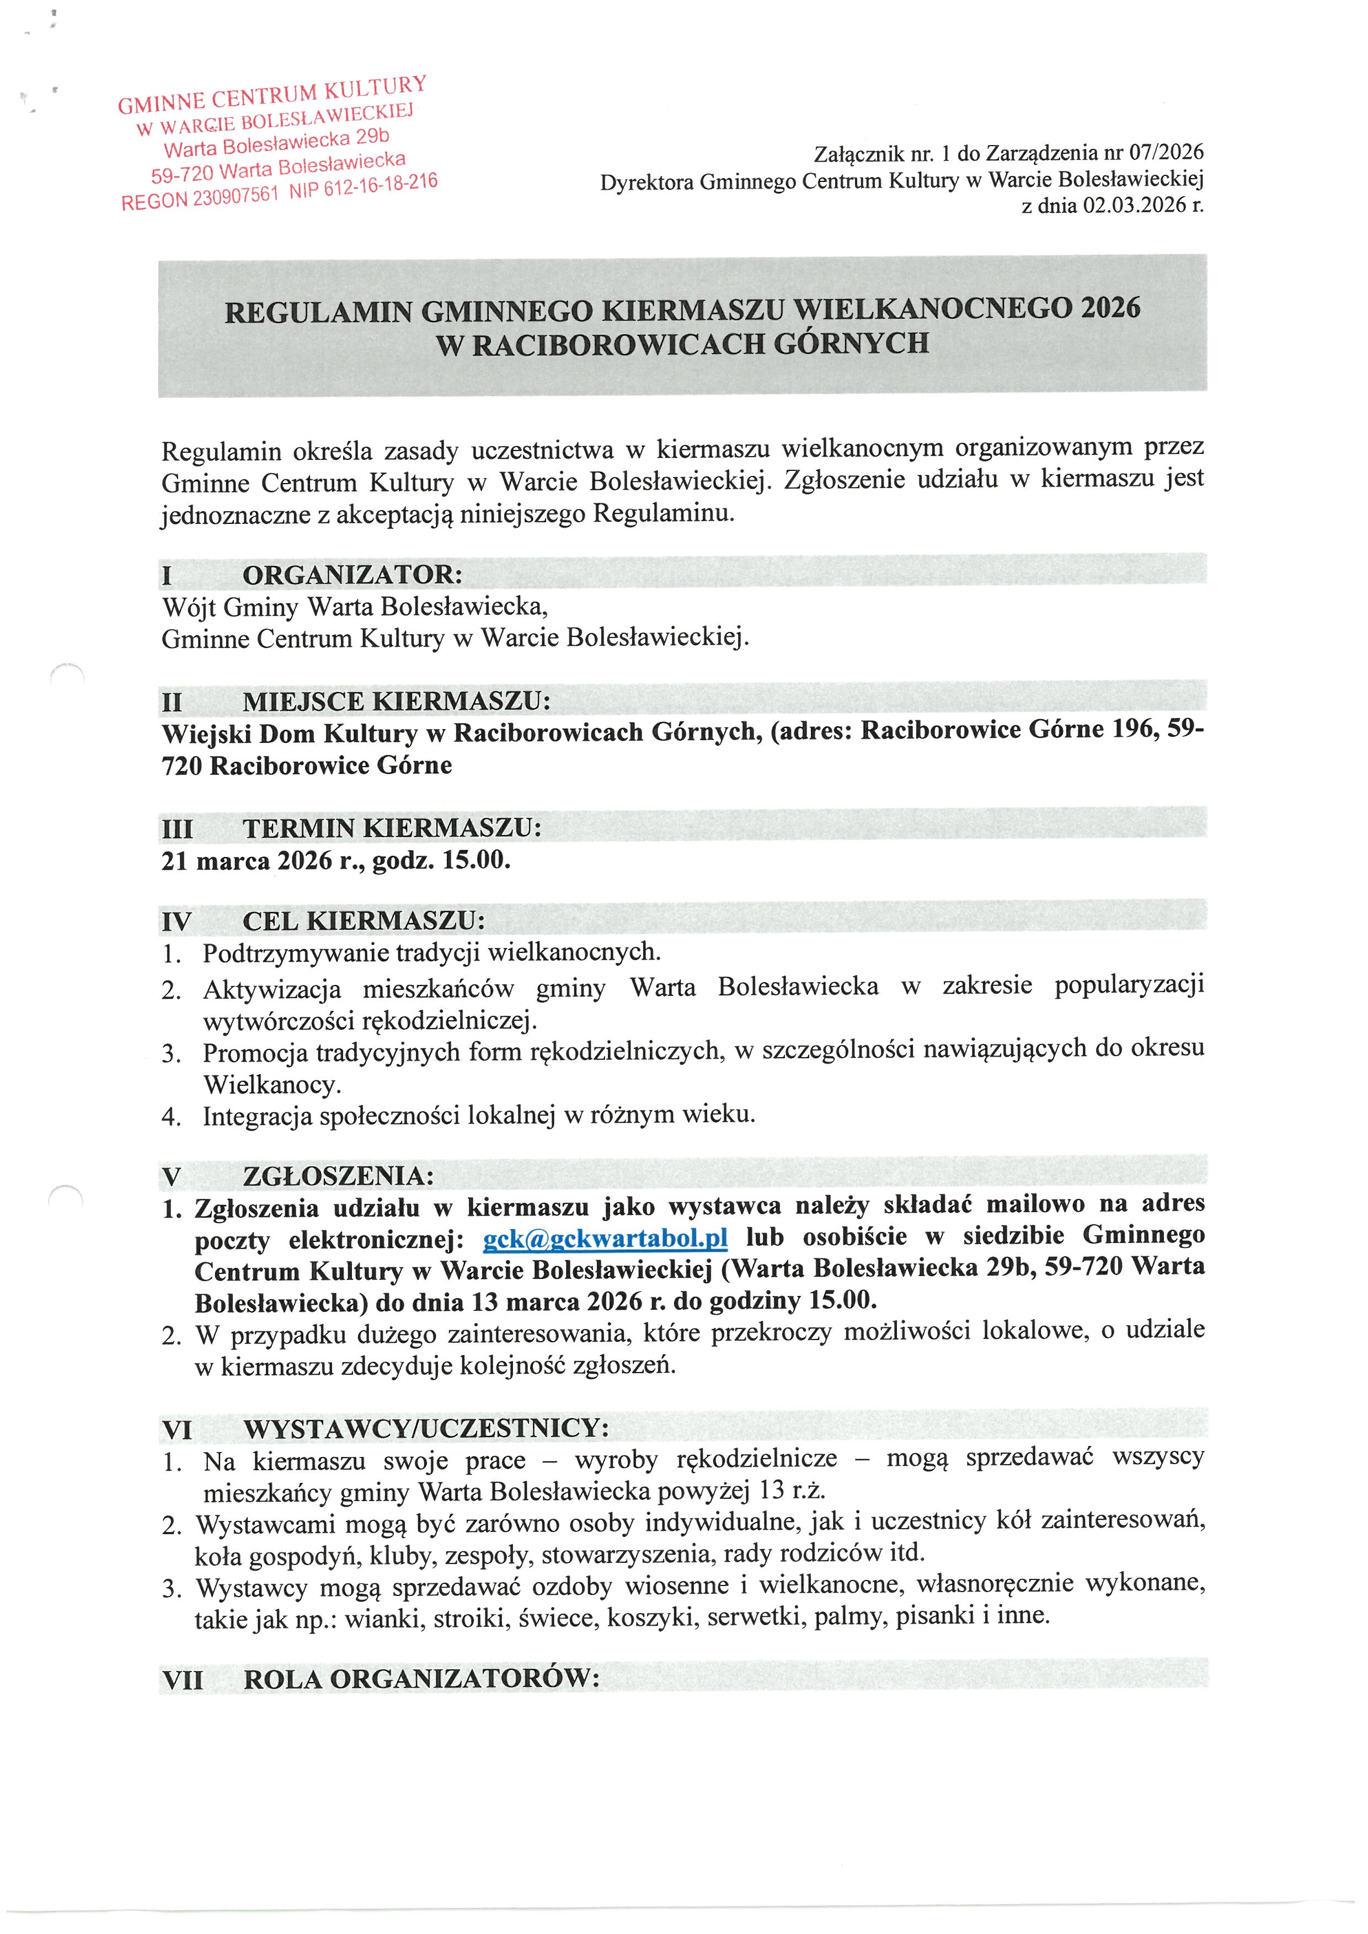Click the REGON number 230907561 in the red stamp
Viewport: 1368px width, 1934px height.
[x=236, y=198]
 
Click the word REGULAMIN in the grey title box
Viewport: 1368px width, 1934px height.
[x=318, y=313]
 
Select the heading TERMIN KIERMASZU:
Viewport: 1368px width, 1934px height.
[x=392, y=829]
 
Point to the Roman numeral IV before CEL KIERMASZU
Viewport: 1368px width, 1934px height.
[x=176, y=922]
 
